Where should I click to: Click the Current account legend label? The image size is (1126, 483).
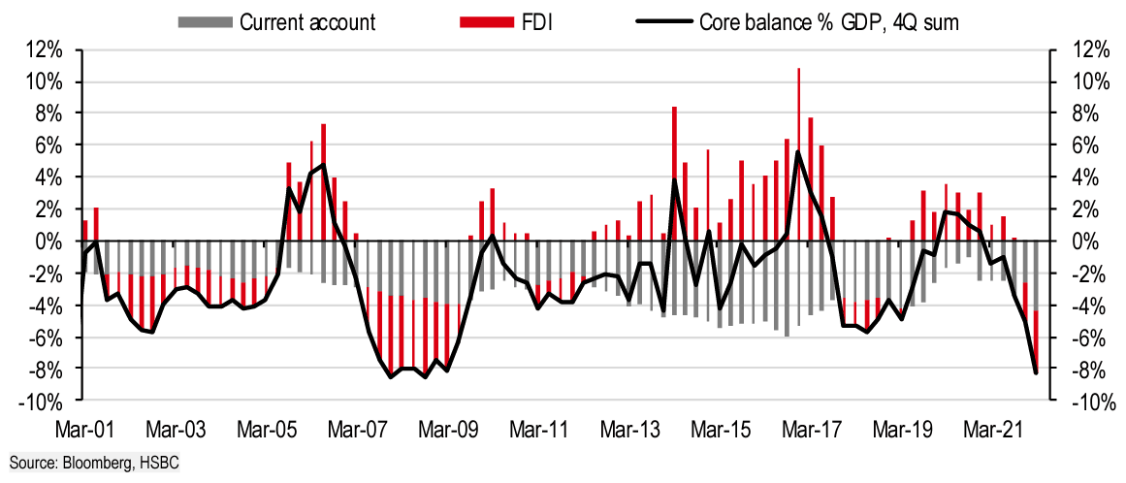(x=307, y=22)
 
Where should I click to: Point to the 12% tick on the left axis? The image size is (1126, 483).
(x=48, y=49)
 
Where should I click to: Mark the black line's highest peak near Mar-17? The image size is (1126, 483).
(x=797, y=151)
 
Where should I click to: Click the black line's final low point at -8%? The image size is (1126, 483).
(x=1036, y=372)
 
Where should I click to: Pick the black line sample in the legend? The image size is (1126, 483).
(x=663, y=22)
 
